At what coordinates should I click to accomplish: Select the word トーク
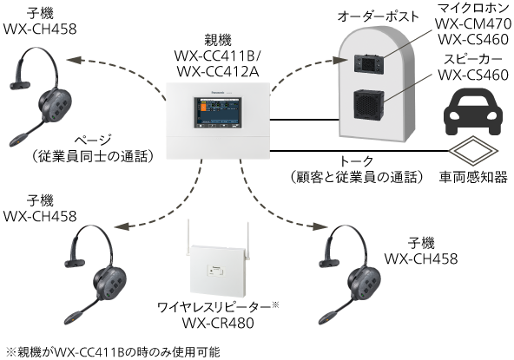tap(356, 160)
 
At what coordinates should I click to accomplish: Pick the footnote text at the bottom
tap(111, 351)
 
